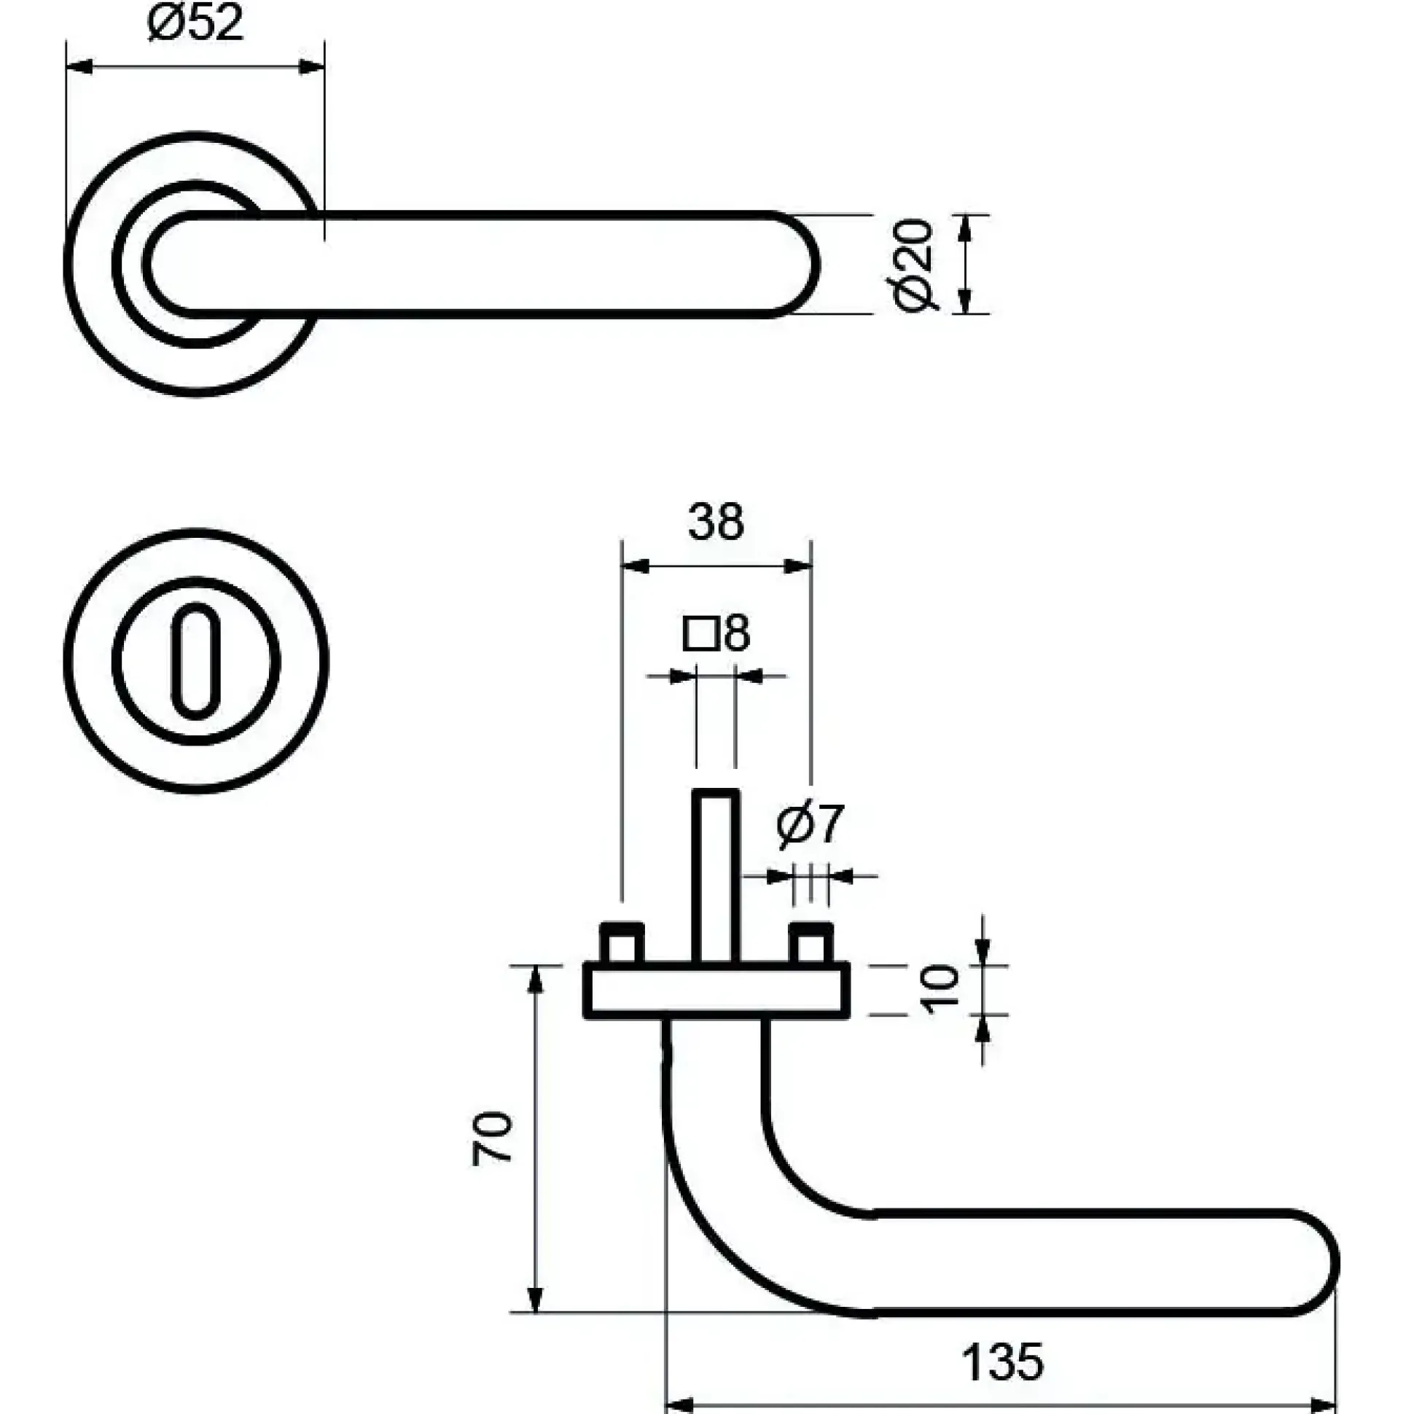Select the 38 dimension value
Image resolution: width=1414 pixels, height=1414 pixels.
tap(716, 522)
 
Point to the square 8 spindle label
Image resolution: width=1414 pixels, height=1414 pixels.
tap(716, 634)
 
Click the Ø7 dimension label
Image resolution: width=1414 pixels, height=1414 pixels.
tap(810, 825)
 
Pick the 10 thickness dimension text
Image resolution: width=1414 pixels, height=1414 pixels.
tap(940, 990)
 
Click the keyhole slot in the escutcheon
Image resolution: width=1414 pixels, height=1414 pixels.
tap(195, 660)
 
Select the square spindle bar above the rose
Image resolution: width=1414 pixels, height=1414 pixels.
tap(716, 877)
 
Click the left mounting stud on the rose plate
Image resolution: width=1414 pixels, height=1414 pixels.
tap(622, 944)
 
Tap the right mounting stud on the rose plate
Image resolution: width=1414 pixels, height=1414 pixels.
tap(811, 944)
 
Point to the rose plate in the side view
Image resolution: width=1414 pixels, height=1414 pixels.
tap(716, 991)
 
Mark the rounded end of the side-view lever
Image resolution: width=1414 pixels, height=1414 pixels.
tap(1317, 1263)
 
